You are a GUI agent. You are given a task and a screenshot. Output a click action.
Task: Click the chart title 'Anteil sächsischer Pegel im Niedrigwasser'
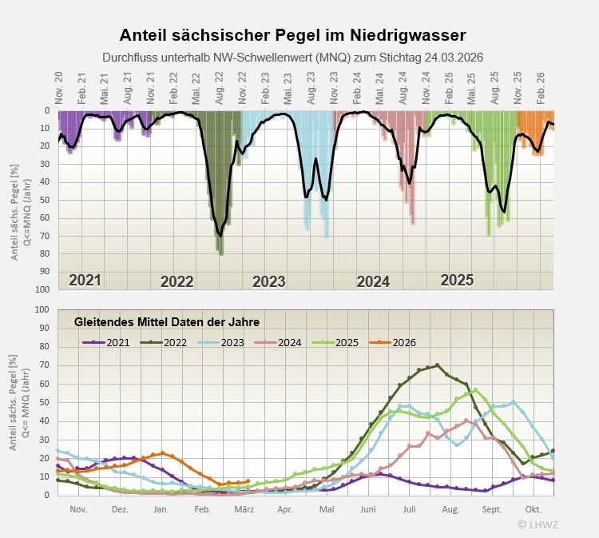pos(292,35)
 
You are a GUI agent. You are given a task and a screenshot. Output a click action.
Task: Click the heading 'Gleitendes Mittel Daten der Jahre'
pos(167,322)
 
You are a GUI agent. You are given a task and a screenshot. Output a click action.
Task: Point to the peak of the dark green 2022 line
pos(436,365)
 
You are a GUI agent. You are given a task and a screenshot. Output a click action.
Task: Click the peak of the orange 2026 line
pos(162,452)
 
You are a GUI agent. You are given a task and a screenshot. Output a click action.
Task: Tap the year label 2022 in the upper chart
pos(177,281)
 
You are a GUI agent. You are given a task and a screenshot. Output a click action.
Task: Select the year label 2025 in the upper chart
pos(457,281)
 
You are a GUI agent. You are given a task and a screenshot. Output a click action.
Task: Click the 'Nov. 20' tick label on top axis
pos(59,86)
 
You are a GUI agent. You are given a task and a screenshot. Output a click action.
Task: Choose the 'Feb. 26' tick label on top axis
pos(541,86)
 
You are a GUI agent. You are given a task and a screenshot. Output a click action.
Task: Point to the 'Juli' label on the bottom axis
pos(409,508)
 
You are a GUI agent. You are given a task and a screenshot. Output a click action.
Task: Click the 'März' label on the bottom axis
pos(244,508)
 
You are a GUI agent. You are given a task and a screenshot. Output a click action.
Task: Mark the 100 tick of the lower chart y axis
pos(42,309)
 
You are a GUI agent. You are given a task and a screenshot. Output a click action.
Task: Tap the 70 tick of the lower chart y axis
pos(45,365)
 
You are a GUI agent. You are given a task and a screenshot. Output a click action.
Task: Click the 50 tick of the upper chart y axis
pos(46,200)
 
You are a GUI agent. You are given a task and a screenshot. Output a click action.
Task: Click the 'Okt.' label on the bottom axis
pos(534,508)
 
